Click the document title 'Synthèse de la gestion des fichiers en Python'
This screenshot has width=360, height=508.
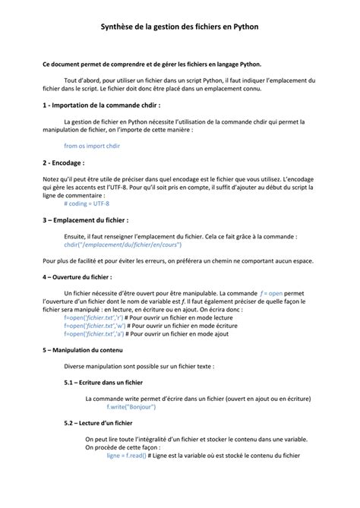[x=180, y=26]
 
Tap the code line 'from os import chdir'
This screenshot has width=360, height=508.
[x=92, y=144]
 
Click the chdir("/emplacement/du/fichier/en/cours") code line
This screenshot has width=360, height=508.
[x=123, y=245]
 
